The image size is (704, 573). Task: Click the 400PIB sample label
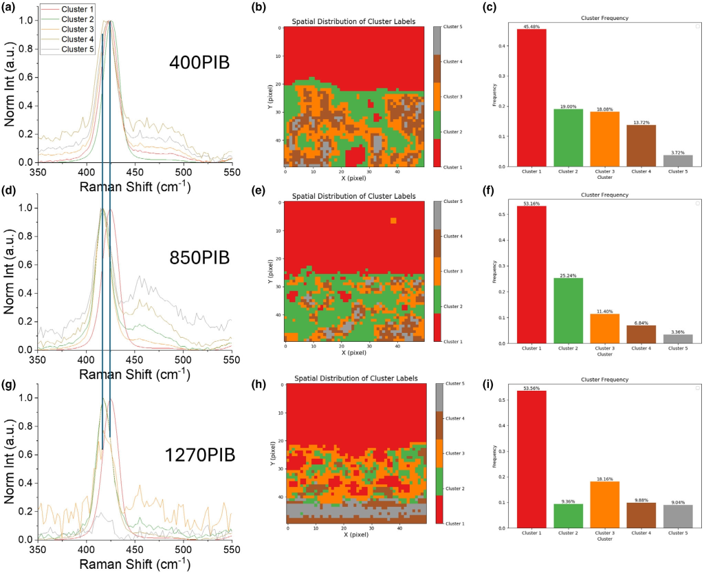click(199, 63)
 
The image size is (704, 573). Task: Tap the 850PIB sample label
click(199, 259)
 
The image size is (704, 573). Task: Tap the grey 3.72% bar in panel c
click(678, 161)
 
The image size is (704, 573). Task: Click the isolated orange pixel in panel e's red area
click(393, 221)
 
